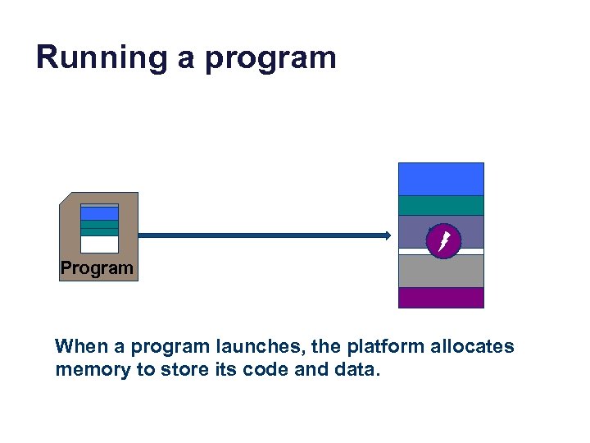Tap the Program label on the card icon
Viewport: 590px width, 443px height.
click(x=97, y=268)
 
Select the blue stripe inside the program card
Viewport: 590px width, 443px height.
click(x=100, y=213)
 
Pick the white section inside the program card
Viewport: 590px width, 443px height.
click(x=100, y=244)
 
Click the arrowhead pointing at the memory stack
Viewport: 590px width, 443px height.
click(x=387, y=235)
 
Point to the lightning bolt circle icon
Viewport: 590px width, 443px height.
click(x=445, y=240)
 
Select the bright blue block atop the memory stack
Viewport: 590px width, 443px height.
click(x=441, y=179)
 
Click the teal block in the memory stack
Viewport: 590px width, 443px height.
click(x=441, y=205)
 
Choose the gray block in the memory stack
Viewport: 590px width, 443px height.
click(x=441, y=271)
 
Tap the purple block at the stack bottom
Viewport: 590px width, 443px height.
click(x=441, y=297)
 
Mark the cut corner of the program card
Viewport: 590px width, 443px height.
click(x=66, y=199)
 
